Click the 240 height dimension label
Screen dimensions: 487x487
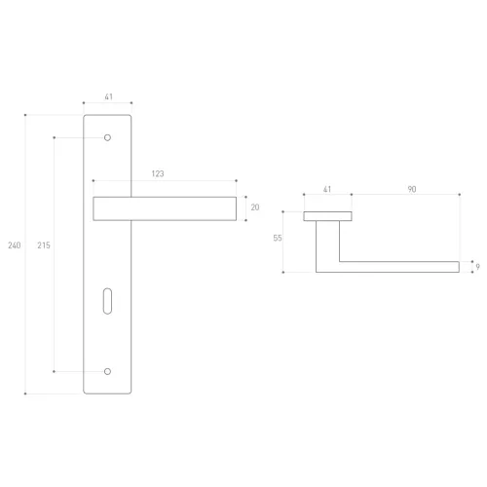pos(15,245)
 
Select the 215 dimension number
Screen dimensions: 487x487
pos(44,245)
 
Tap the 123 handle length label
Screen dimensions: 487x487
pos(158,173)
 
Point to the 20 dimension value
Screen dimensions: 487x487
pos(255,207)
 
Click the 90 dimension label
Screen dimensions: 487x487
pos(412,189)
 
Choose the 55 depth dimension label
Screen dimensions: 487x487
pos(278,239)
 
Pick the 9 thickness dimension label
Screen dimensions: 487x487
pos(478,267)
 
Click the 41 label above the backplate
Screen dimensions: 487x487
pos(109,96)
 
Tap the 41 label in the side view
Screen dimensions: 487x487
pos(327,189)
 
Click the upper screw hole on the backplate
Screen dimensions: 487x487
pos(107,137)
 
